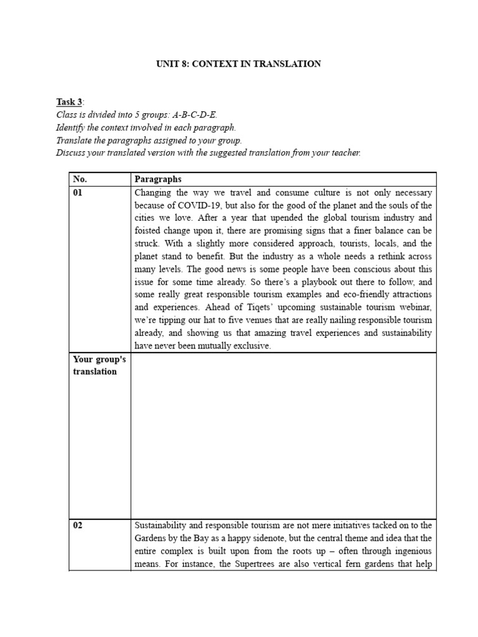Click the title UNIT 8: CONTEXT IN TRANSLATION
(x=238, y=64)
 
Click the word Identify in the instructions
(x=71, y=128)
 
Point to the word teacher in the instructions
(x=345, y=152)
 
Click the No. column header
(x=80, y=179)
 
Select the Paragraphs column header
(x=157, y=179)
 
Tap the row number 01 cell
(x=78, y=193)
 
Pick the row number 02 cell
(x=78, y=525)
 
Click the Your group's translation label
(x=94, y=365)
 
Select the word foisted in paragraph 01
(x=148, y=231)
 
